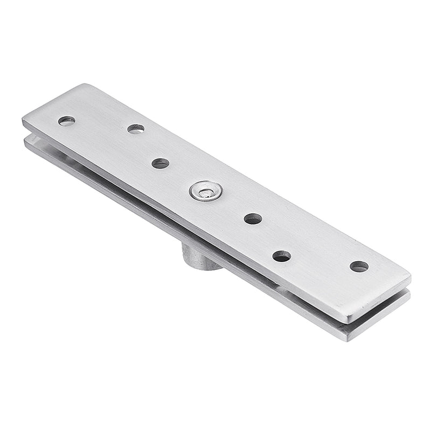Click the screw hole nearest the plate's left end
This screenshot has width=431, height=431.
(67, 121)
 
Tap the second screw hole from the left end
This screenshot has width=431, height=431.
(136, 128)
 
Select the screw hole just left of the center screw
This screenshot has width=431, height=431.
(160, 163)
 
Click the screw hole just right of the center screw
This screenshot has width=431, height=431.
(253, 218)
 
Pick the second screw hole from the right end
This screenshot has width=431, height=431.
(281, 256)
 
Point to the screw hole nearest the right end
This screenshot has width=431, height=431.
(359, 266)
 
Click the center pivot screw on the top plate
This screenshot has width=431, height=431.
(206, 191)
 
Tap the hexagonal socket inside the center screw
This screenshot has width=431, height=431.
(205, 190)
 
